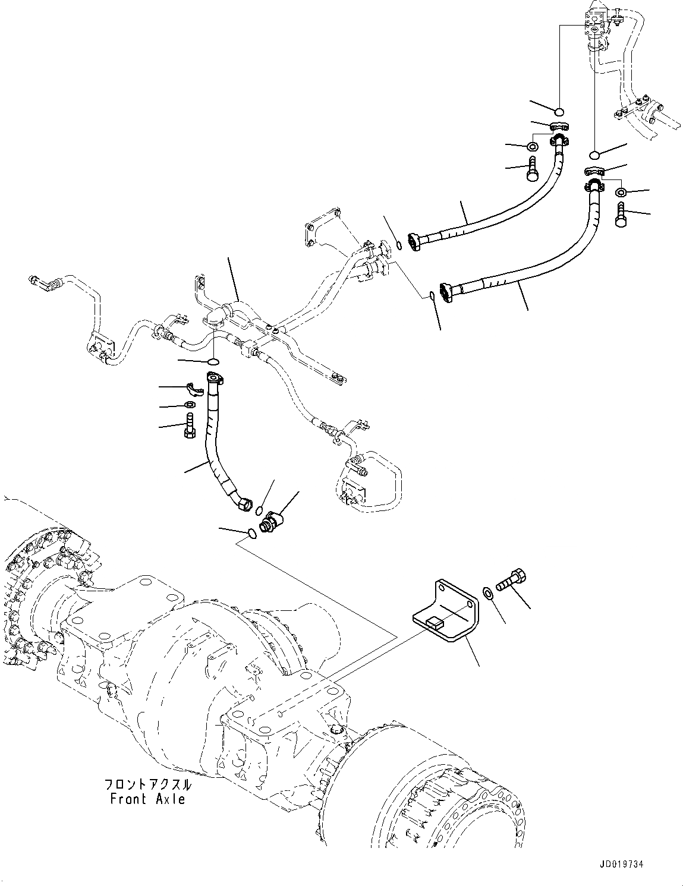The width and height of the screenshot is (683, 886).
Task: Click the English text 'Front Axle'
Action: (x=147, y=799)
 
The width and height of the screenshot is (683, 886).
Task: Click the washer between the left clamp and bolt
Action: (x=189, y=405)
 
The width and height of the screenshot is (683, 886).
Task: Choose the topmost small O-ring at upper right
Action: (x=559, y=111)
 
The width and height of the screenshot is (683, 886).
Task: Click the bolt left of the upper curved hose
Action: (x=531, y=168)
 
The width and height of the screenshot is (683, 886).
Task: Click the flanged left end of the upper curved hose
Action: (x=416, y=241)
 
